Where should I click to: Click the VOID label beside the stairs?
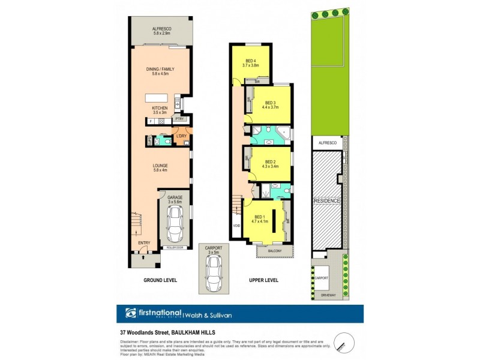tap(236, 226)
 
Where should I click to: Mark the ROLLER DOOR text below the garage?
tap(174, 247)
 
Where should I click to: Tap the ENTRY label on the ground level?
tap(144, 242)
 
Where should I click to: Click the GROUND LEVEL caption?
tap(159, 280)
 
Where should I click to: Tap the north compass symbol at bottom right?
tap(341, 340)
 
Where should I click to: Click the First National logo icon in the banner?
tap(131, 313)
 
